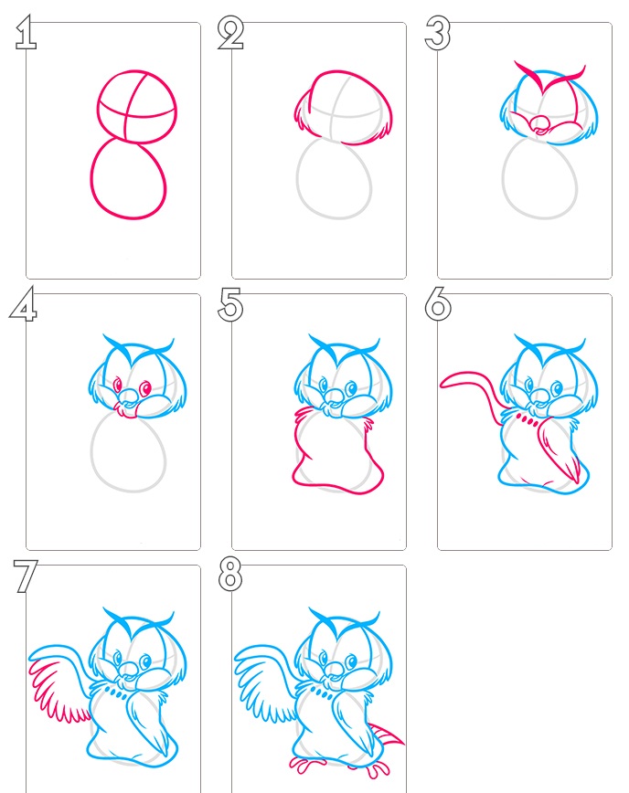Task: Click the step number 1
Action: (26, 32)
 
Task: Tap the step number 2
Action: (230, 33)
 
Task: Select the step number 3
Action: (437, 34)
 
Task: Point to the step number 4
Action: (23, 304)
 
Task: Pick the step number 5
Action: (230, 304)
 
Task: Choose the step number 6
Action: (438, 304)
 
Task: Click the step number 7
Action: (26, 576)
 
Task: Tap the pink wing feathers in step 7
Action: (53, 692)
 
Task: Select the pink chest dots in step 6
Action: (527, 419)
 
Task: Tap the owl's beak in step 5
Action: (334, 396)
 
